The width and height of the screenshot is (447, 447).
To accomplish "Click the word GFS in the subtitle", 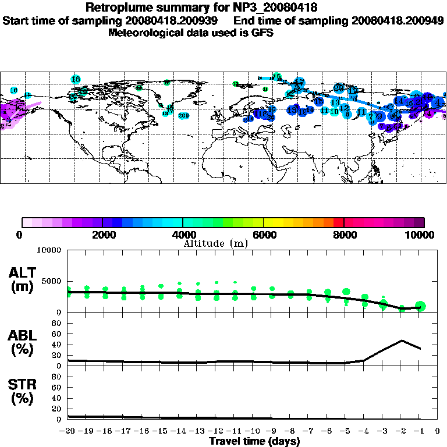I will pyautogui.click(x=262, y=33).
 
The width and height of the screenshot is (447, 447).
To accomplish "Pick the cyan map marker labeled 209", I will pyautogui.click(x=184, y=115).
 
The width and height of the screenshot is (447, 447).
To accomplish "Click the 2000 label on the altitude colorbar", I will pyautogui.click(x=102, y=235).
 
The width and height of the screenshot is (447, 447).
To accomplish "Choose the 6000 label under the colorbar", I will pyautogui.click(x=264, y=235).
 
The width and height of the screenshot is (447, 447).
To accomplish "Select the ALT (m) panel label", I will pyautogui.click(x=24, y=279).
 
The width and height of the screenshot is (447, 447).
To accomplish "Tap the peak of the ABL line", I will pyautogui.click(x=402, y=340).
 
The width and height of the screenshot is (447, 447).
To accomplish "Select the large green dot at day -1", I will pyautogui.click(x=421, y=306).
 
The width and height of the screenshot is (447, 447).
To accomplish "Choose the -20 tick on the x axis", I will pyautogui.click(x=68, y=431).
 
